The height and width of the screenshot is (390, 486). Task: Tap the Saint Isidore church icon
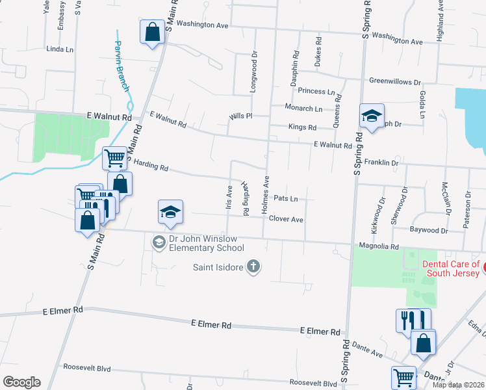(x=253, y=266)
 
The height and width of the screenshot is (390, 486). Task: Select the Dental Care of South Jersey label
(x=451, y=268)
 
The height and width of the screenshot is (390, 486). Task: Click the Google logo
(x=21, y=382)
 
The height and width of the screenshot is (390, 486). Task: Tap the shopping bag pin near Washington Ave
(x=152, y=32)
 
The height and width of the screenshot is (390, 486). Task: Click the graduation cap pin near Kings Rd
(x=371, y=116)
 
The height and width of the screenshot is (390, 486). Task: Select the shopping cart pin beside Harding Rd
(x=115, y=157)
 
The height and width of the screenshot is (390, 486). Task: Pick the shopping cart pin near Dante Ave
(x=403, y=376)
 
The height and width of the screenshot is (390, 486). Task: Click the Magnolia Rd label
(x=379, y=246)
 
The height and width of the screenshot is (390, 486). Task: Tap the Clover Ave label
(x=286, y=220)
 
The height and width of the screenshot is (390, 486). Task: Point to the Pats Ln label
(x=286, y=198)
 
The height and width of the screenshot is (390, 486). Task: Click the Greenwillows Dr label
(x=395, y=82)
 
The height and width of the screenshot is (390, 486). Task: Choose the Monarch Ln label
(x=303, y=109)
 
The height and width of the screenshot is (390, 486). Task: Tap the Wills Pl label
(x=240, y=116)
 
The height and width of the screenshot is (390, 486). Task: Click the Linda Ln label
(x=60, y=49)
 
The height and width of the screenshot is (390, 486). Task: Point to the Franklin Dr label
(x=381, y=162)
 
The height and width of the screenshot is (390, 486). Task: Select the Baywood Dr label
(x=429, y=230)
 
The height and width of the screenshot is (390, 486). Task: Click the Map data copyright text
(x=457, y=385)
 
